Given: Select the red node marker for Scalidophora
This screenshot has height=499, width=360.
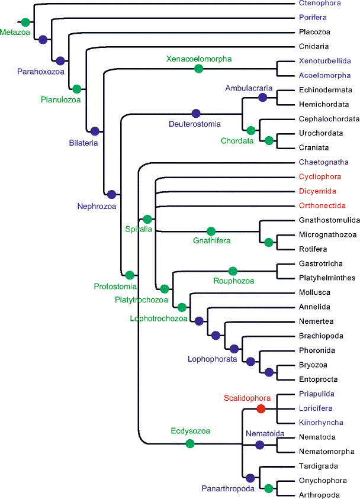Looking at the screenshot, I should click(261, 408).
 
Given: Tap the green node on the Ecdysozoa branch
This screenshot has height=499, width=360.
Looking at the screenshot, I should click(190, 443).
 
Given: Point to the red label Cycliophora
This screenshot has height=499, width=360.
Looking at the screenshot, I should click(320, 176).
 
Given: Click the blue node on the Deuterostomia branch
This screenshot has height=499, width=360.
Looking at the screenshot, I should click(196, 113).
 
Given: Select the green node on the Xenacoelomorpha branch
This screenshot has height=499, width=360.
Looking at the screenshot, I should click(199, 69).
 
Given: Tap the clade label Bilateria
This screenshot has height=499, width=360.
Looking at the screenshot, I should click(83, 142).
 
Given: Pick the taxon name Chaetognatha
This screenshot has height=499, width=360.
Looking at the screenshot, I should click(324, 162).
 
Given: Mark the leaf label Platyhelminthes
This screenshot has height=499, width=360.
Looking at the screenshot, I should click(327, 278).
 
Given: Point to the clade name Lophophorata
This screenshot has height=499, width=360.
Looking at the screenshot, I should click(212, 359).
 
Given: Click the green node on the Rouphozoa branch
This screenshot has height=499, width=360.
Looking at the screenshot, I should click(233, 271).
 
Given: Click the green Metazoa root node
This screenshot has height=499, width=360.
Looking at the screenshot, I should click(24, 22).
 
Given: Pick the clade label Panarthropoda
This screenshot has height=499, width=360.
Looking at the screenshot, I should click(227, 489).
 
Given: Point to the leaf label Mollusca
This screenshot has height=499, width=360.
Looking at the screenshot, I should click(314, 292).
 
